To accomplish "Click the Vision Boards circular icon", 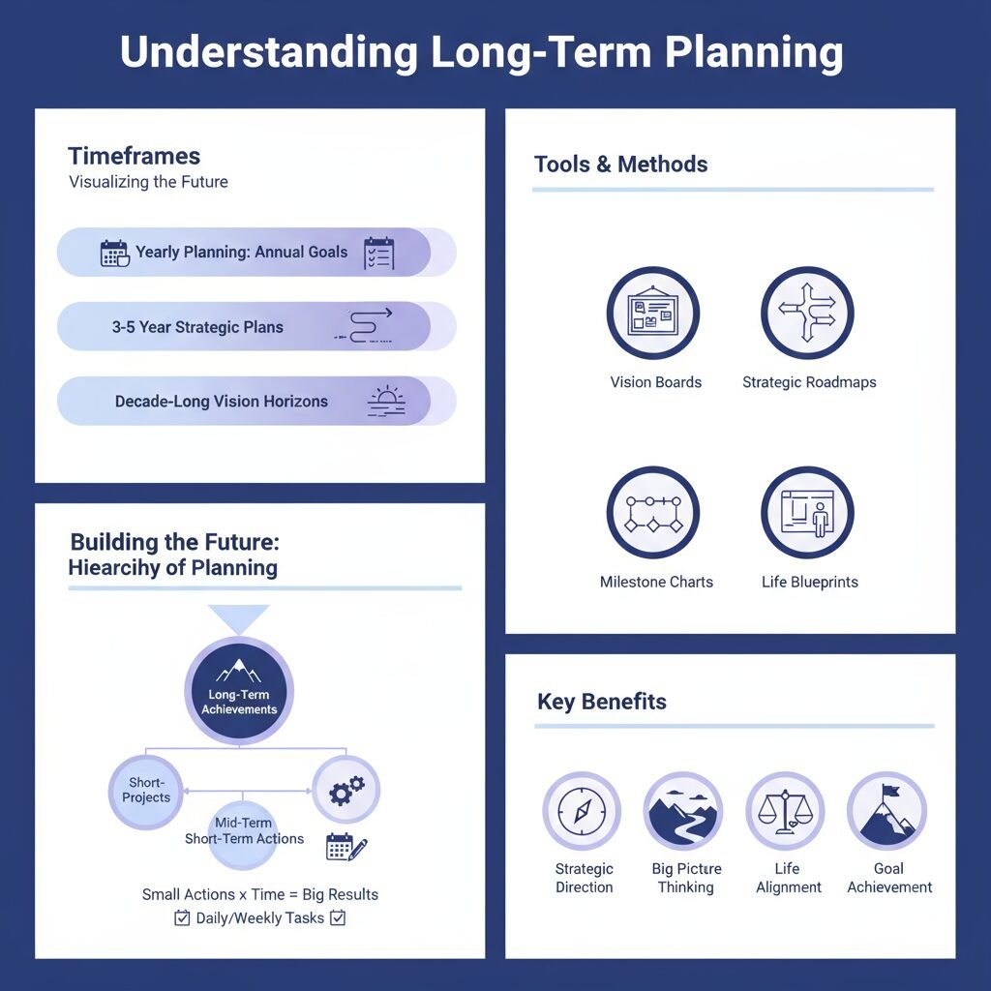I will [652, 314].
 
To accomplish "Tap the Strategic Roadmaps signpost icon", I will [807, 314].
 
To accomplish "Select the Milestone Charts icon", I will [652, 513].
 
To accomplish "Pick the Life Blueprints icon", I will [807, 513].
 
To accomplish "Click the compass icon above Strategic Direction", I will [582, 811].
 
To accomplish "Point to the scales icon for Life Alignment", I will [785, 811].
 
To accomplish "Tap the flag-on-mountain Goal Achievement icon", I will [886, 811].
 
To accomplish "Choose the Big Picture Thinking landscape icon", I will [683, 811].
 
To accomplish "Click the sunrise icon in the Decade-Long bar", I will [386, 402].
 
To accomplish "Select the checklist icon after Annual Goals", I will [378, 253].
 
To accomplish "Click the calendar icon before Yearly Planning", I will [114, 254].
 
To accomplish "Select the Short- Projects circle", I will [146, 791].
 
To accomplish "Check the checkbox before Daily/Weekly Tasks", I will [182, 918].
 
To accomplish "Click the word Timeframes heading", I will [134, 156].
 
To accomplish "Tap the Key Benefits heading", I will [601, 702].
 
